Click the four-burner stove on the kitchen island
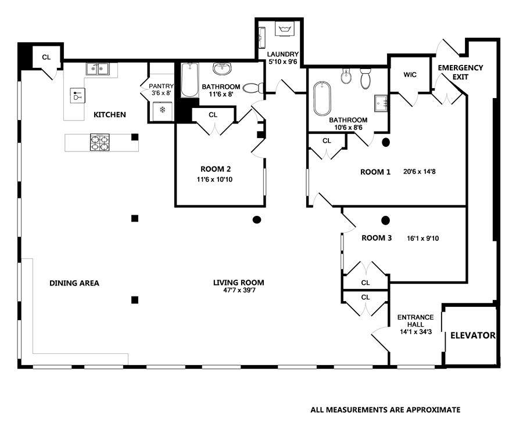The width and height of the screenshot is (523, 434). (100, 143)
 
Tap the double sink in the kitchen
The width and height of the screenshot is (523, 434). (98, 69)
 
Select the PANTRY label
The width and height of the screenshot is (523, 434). (161, 86)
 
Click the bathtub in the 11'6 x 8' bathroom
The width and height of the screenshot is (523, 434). (189, 80)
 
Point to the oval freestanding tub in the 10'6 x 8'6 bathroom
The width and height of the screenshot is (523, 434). (322, 99)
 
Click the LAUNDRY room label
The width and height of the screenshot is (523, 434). (283, 55)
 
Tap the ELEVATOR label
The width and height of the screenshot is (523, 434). (473, 335)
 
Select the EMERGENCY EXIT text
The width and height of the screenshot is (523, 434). (460, 72)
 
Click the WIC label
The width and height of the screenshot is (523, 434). (410, 75)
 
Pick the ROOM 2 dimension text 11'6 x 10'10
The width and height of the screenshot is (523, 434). (214, 179)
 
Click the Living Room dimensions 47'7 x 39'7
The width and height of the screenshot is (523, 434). (239, 290)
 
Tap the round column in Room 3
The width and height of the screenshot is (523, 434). (386, 220)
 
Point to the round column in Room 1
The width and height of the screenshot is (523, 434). (386, 142)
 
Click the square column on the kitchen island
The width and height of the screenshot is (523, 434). (135, 138)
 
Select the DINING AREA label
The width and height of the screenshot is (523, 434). (74, 283)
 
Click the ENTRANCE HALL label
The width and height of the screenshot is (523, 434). (415, 321)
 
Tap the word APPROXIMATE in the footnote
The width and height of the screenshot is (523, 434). (433, 410)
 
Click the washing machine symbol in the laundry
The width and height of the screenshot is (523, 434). (284, 28)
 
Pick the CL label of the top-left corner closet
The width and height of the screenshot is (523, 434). (46, 57)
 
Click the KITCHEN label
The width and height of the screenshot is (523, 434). (110, 114)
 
